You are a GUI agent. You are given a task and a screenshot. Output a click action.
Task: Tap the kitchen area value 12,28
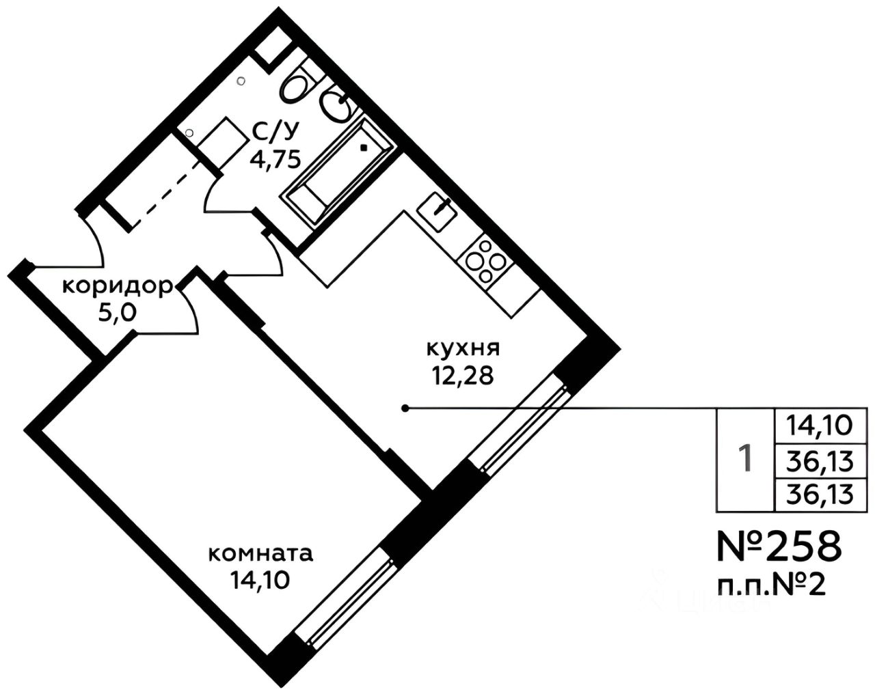coord(463,377)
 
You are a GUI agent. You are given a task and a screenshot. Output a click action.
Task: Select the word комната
coord(260,554)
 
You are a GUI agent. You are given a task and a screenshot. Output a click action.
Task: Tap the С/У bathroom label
coord(275,131)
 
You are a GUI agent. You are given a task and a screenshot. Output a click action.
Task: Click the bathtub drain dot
coord(364,148)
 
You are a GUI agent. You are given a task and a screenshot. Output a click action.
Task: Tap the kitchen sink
coord(437,211)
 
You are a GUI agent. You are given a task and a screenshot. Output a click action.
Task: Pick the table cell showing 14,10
coord(820,426)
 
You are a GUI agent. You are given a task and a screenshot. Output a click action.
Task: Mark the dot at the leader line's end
coord(405,408)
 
